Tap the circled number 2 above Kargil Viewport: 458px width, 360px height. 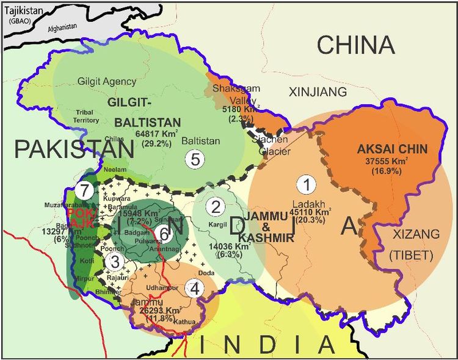(x=214, y=207)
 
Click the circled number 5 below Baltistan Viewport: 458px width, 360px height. (x=195, y=159)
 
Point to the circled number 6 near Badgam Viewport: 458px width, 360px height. (x=162, y=233)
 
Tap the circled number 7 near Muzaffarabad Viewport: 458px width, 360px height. (x=85, y=190)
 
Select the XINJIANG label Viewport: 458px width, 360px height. (x=317, y=92)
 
